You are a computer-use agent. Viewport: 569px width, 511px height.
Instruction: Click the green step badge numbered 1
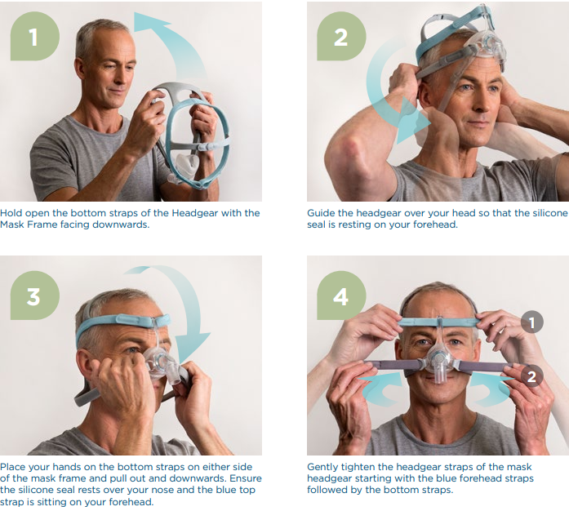click(35, 36)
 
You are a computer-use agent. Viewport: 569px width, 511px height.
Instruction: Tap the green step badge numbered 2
click(341, 36)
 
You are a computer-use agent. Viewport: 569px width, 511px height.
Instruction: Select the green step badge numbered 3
click(35, 295)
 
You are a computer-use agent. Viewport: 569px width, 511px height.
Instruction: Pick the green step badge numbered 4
click(341, 295)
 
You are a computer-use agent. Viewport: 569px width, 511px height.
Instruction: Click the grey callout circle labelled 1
click(532, 322)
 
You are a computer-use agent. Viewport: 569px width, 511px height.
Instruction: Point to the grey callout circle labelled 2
click(532, 376)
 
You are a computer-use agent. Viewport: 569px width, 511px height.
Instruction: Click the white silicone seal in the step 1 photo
click(187, 165)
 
